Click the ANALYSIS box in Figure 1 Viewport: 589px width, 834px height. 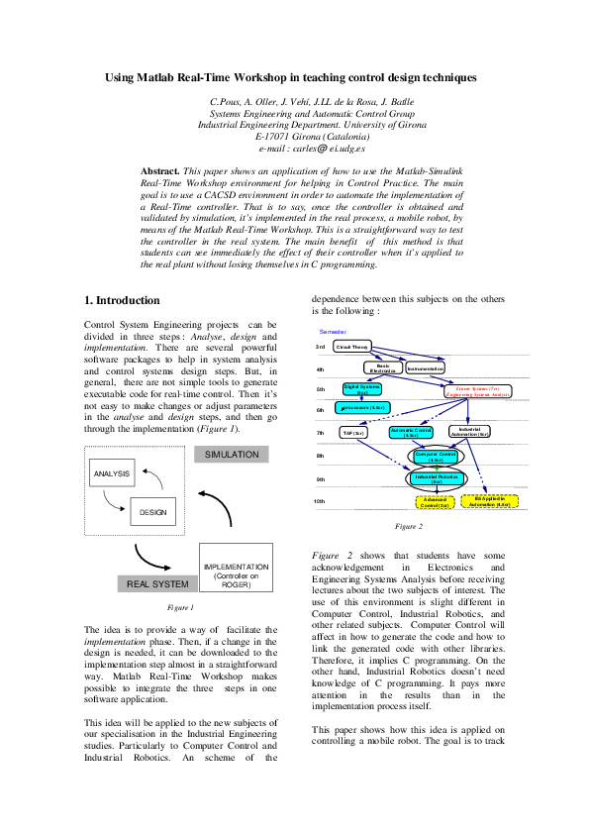click(112, 474)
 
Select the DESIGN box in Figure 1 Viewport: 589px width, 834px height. click(152, 512)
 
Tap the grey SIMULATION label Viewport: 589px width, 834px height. click(232, 455)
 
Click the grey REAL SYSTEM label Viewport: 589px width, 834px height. click(157, 584)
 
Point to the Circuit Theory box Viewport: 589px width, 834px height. click(352, 347)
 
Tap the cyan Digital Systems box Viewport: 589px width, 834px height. click(362, 390)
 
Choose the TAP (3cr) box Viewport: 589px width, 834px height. click(353, 433)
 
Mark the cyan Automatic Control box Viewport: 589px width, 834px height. click(411, 433)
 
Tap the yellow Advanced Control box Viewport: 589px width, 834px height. click(437, 502)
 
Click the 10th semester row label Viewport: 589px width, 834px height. click(320, 501)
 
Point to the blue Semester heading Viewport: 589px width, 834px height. click(333, 330)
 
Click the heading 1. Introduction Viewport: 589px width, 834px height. click(122, 300)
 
